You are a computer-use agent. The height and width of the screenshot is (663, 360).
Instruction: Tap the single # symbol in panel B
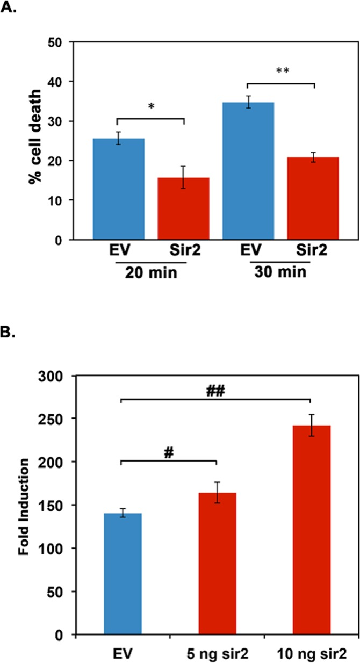click(169, 453)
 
